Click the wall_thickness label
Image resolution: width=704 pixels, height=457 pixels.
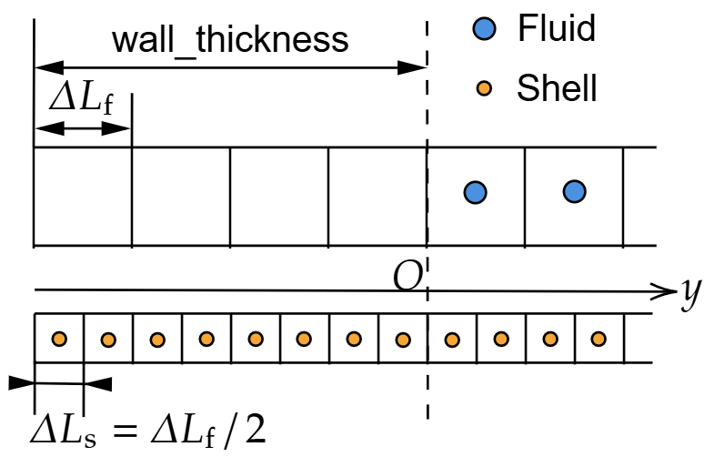[230, 40]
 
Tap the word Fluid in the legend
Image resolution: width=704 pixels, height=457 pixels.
[557, 29]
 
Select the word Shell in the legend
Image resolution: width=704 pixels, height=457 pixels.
[557, 88]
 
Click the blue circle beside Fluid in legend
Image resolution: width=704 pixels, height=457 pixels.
[485, 30]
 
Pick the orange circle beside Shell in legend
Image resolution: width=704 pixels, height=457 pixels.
[485, 89]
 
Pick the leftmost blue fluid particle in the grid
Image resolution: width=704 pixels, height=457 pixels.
[475, 192]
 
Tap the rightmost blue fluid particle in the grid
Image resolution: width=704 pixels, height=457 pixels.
[573, 192]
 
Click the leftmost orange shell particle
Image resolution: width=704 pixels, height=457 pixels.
[59, 340]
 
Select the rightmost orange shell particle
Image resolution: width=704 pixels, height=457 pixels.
[598, 340]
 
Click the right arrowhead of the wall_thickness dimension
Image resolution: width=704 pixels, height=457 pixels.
[416, 66]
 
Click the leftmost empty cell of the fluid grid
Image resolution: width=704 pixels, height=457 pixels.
[83, 196]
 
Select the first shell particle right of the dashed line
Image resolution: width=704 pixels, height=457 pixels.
[451, 340]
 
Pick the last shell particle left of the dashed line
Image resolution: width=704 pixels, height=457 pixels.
[402, 340]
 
